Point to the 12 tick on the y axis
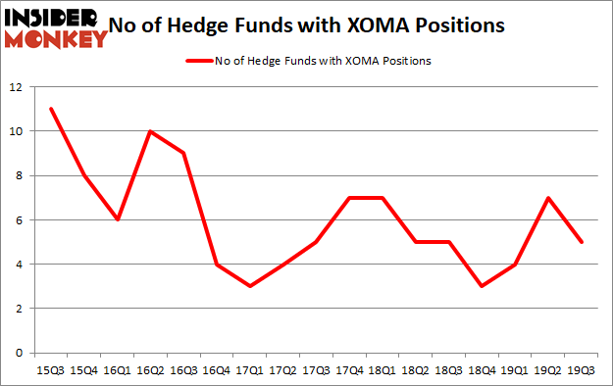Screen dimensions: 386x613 pos(16,87)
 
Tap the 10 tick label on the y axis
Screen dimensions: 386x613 pos(16,131)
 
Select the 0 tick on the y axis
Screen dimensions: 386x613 pos(20,353)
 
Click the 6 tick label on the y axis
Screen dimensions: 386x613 pos(20,220)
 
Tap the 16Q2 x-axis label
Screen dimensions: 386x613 pos(150,370)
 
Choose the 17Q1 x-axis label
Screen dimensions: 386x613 pos(250,370)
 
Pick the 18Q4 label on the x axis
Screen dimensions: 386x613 pos(483,370)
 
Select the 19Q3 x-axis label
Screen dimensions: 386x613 pos(583,370)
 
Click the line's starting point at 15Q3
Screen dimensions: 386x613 pos(50,109)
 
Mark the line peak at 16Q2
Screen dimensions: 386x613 pos(150,131)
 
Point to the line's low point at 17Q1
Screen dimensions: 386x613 pos(250,286)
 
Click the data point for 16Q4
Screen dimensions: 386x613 pos(216,264)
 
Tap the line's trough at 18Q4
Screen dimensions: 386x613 pos(483,286)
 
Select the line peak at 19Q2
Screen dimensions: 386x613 pos(549,198)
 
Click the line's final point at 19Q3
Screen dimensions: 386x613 pos(583,242)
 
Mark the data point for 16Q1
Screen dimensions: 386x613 pos(117,219)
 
